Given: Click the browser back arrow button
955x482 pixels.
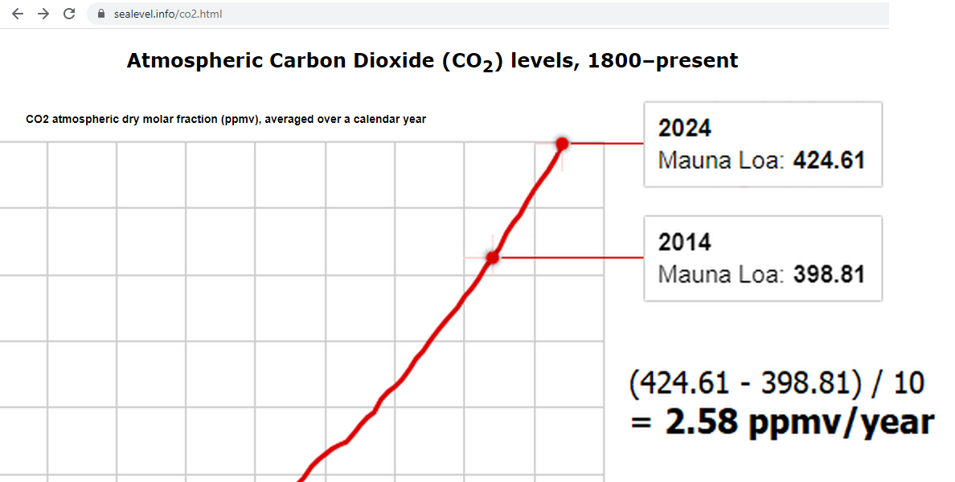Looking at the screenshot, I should tap(18, 14).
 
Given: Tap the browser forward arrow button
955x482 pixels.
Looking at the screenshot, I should tap(43, 14).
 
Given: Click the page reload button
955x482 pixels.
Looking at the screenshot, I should tap(69, 14).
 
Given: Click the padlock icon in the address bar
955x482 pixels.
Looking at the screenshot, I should tap(100, 14).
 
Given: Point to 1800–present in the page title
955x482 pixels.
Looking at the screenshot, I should tap(662, 61).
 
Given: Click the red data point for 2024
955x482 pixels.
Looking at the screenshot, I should tap(562, 144).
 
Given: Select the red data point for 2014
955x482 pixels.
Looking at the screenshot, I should tap(493, 258).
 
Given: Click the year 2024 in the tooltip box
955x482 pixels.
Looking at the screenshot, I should tap(685, 129).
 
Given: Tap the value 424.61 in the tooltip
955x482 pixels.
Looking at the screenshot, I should tap(829, 161).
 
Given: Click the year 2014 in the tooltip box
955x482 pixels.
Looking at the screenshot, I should tap(685, 243).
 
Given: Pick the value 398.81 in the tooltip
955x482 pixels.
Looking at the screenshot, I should tap(829, 275).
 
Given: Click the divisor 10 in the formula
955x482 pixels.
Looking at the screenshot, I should tap(909, 384).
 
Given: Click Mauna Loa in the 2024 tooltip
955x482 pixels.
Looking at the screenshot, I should tap(719, 161).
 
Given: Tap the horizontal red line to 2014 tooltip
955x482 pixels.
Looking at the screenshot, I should tap(571, 258).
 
